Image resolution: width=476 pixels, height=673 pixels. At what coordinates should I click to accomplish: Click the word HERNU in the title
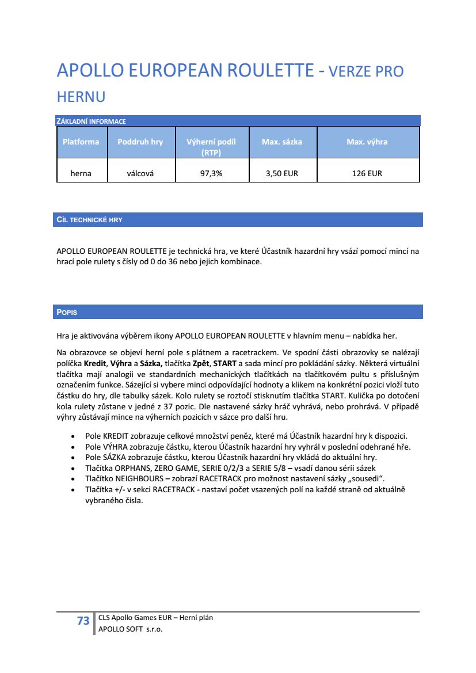pyautogui.click(x=81, y=97)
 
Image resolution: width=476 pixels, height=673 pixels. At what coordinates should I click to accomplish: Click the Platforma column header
pyautogui.click(x=81, y=142)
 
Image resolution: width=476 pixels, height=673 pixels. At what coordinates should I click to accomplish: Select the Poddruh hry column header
pyautogui.click(x=140, y=142)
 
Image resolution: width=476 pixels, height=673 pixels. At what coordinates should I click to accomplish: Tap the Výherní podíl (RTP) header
pyautogui.click(x=211, y=147)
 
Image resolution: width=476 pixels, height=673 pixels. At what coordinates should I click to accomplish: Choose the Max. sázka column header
pyautogui.click(x=282, y=142)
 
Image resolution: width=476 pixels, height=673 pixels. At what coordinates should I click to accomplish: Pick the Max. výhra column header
pyautogui.click(x=367, y=142)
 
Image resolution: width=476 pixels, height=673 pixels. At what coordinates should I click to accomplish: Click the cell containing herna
pyautogui.click(x=81, y=173)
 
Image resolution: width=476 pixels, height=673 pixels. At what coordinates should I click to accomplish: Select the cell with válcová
pyautogui.click(x=140, y=173)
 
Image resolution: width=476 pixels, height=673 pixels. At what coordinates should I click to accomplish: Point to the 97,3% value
pyautogui.click(x=211, y=173)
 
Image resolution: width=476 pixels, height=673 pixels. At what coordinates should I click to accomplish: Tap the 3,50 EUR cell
pyautogui.click(x=282, y=173)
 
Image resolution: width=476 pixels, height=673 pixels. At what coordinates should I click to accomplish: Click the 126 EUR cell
pyautogui.click(x=367, y=173)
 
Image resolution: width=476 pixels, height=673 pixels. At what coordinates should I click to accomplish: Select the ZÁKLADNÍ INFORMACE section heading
pyautogui.click(x=91, y=121)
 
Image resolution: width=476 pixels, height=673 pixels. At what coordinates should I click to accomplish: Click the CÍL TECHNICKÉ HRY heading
pyautogui.click(x=89, y=220)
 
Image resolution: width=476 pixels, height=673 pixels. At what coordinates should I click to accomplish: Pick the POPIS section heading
pyautogui.click(x=67, y=312)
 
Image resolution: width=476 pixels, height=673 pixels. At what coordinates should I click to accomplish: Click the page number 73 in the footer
pyautogui.click(x=83, y=621)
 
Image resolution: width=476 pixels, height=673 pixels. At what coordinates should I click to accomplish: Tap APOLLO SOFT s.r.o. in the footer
pyautogui.click(x=130, y=629)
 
